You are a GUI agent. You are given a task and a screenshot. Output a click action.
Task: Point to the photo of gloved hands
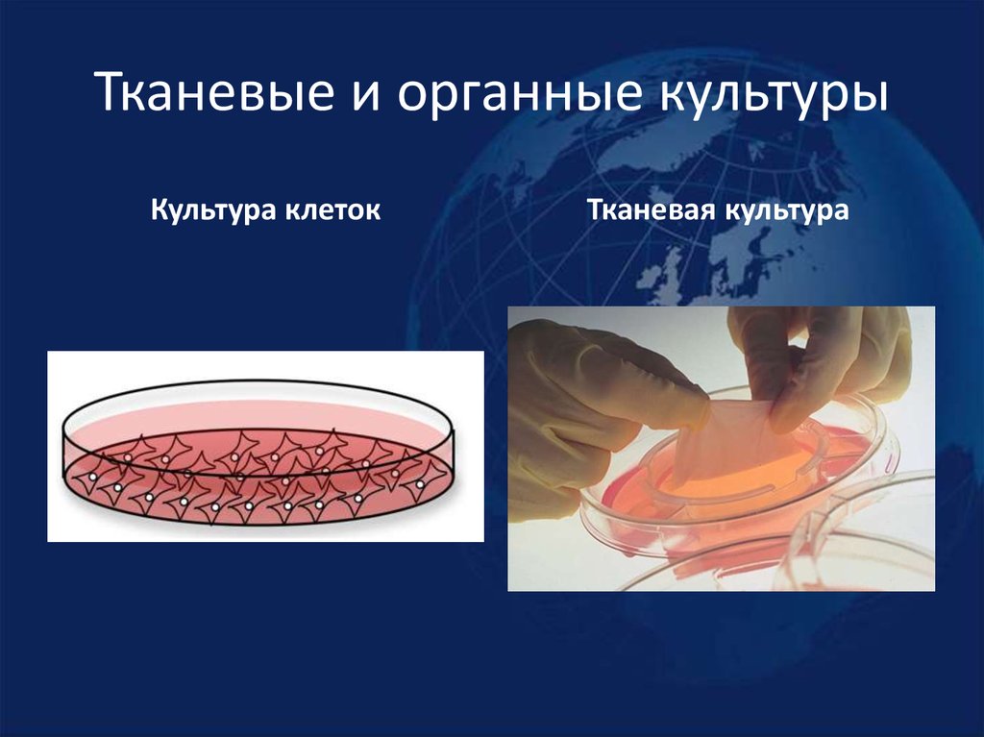[721, 448]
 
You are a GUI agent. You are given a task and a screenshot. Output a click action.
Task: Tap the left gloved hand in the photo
[586, 404]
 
